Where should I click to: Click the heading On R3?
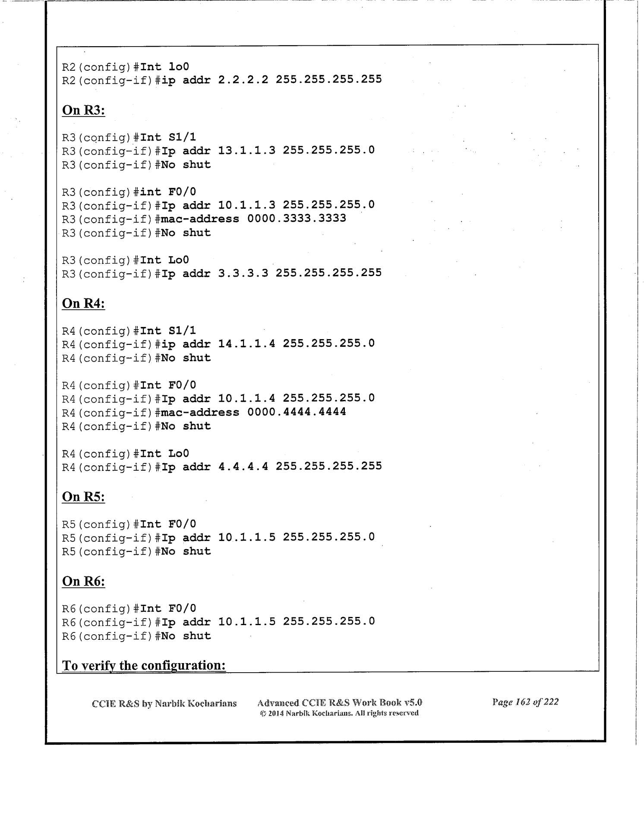[84, 110]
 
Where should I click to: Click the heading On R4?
[84, 304]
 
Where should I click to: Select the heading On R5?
[84, 497]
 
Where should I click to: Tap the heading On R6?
[84, 582]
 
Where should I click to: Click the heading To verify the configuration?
[144, 665]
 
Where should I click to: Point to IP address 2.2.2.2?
[243, 80]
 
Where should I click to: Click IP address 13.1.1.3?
[246, 151]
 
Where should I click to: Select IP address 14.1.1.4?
[246, 344]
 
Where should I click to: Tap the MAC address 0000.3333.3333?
[297, 219]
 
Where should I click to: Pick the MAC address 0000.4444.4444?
[297, 412]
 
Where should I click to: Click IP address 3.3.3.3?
[243, 273]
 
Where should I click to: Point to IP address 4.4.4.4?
[243, 466]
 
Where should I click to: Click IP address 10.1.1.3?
[246, 205]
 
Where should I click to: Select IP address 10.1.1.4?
[246, 398]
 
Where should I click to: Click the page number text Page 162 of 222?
[525, 702]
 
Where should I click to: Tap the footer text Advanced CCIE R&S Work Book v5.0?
[339, 702]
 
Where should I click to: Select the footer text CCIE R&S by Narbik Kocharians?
[164, 704]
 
